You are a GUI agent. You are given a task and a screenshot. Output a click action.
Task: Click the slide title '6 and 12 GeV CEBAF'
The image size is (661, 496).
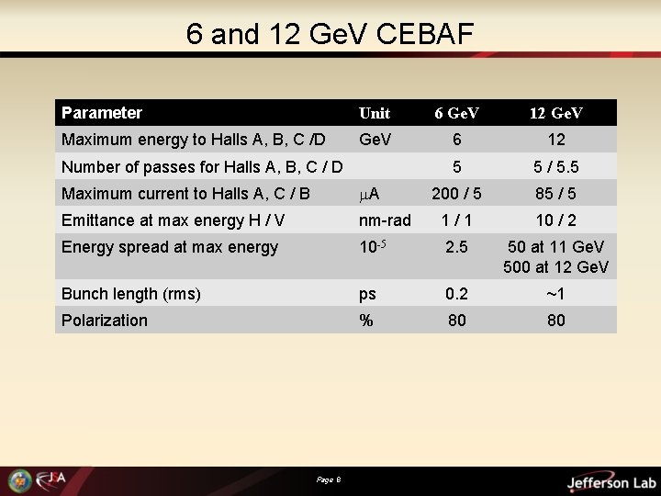point(330,34)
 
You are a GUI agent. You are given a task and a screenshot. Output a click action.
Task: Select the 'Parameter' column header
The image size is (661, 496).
point(102,113)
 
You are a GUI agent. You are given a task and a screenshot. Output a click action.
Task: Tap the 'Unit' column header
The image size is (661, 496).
point(375,113)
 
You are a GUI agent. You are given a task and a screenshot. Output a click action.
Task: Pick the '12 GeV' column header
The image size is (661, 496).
point(556,113)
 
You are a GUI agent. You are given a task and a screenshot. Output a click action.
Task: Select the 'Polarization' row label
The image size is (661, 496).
point(104,320)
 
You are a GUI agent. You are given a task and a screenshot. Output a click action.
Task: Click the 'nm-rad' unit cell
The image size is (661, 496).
point(385,220)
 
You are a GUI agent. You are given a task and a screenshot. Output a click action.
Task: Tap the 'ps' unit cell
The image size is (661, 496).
point(367,294)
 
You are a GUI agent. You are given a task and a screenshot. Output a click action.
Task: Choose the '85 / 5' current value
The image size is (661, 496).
point(556,194)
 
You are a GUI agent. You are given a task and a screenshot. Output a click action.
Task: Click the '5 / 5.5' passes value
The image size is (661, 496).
point(556,167)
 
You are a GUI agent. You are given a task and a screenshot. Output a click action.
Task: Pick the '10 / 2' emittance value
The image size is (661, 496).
point(556,220)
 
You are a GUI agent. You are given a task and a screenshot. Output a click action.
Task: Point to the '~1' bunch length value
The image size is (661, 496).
point(556,294)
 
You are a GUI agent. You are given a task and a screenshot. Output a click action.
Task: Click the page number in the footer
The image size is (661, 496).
point(328,479)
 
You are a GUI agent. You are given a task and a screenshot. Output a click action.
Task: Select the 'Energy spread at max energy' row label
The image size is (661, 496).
point(169,247)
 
